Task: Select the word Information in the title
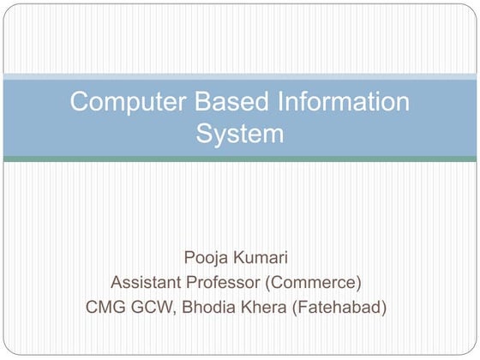pyautogui.click(x=343, y=103)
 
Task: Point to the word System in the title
pyautogui.click(x=240, y=134)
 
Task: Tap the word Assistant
pyautogui.click(x=149, y=282)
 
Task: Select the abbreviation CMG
pyautogui.click(x=106, y=306)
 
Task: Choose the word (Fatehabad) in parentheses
pyautogui.click(x=342, y=306)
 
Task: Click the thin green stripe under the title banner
pyautogui.click(x=240, y=159)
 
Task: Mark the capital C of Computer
pyautogui.click(x=79, y=103)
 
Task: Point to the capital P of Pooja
pyautogui.click(x=188, y=258)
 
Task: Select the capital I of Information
pyautogui.click(x=279, y=103)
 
